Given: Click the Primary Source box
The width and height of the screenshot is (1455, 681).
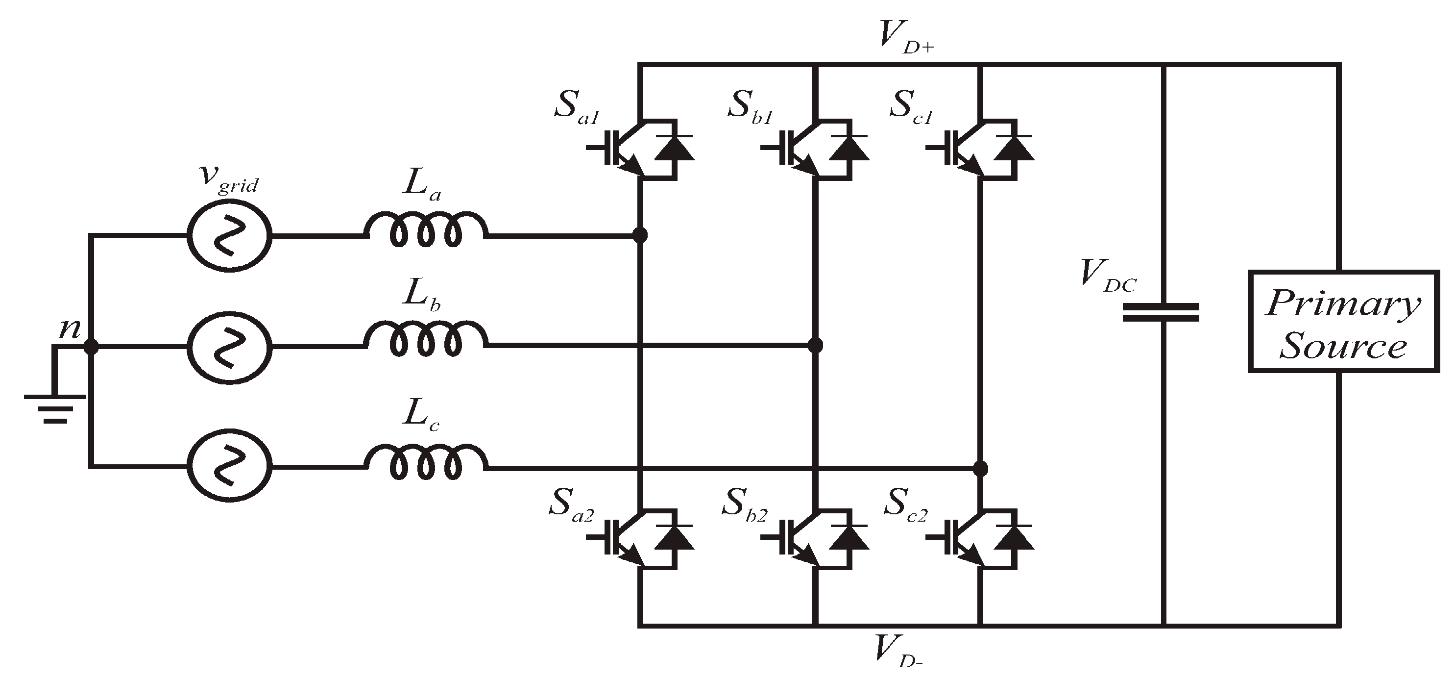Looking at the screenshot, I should tap(1343, 322).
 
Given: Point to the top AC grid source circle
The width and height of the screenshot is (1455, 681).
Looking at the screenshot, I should tap(229, 236).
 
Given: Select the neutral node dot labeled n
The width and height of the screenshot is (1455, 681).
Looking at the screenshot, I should tap(90, 347).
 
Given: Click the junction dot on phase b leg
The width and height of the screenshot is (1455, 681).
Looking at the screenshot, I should tap(815, 345).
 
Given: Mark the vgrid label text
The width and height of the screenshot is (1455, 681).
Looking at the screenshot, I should tap(229, 178).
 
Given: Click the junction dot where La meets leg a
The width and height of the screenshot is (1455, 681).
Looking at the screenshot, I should tap(639, 234).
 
